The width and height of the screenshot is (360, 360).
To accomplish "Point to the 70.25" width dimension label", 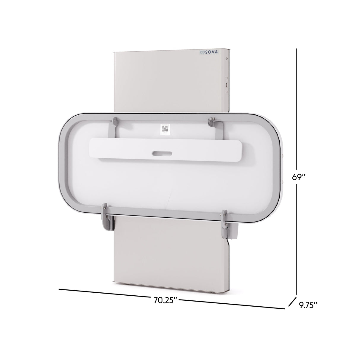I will (x=165, y=300).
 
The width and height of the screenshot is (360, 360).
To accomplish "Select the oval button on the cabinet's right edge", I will (x=227, y=85).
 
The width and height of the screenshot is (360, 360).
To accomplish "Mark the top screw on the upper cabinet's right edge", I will (x=227, y=59).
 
